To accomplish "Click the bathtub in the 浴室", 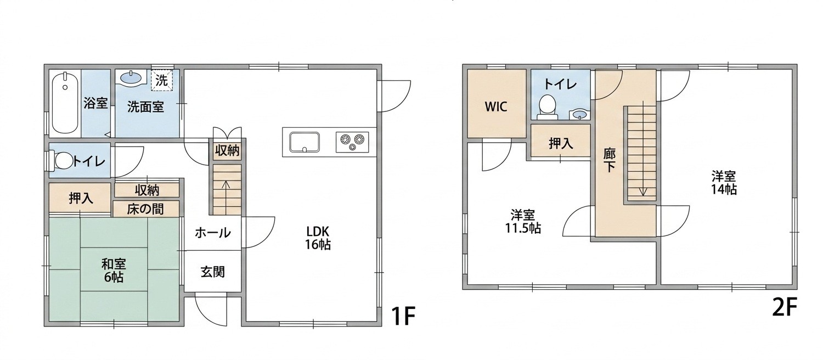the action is (65, 104).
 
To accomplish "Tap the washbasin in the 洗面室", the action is (131, 78).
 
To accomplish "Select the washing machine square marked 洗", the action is (161, 80).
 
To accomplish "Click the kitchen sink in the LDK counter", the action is (304, 142).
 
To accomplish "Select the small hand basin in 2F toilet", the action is (579, 115).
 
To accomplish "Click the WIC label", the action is (496, 106).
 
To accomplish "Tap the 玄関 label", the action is (213, 272).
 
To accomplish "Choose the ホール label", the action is (213, 233).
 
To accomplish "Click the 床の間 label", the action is (145, 210).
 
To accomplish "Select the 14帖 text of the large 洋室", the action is (724, 189).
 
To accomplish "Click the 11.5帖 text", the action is (522, 228).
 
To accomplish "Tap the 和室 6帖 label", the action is (114, 271).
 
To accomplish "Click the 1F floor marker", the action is (403, 316).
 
